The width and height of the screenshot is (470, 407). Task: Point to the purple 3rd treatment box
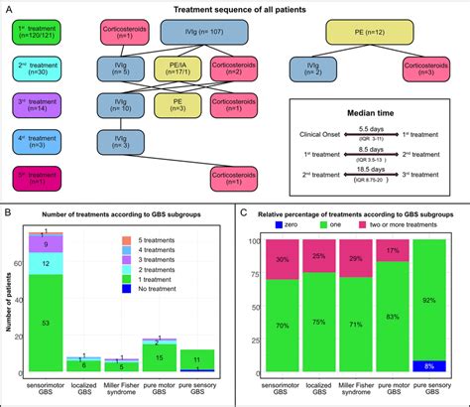coord(38,105)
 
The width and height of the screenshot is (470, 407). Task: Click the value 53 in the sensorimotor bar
coord(44,324)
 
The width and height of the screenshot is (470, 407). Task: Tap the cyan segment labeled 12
coord(44,262)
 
